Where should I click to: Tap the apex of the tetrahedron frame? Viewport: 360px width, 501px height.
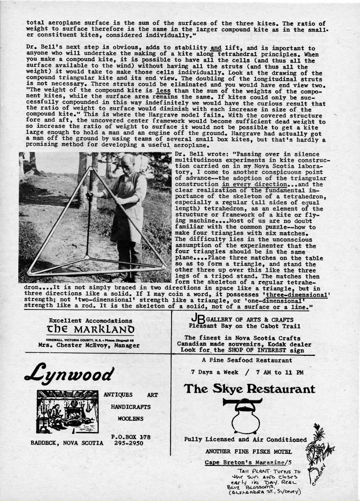point(92,169)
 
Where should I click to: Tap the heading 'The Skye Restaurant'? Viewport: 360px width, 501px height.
point(250,388)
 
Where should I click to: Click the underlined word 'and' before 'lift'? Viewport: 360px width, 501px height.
point(216,49)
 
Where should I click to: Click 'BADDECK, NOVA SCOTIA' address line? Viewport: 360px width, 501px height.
point(67,443)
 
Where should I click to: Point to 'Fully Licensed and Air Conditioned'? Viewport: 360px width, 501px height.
point(245,440)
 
